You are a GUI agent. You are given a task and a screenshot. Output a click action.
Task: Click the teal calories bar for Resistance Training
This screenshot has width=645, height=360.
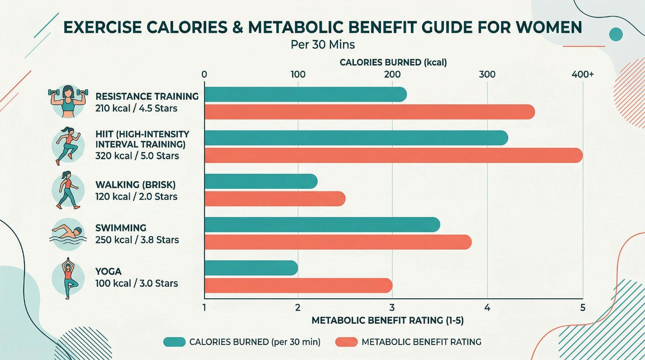(x=306, y=95)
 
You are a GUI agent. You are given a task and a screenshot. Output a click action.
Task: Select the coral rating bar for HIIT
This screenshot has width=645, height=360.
(x=393, y=156)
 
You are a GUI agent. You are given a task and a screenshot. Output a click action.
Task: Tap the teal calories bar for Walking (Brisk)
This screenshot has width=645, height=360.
(x=261, y=181)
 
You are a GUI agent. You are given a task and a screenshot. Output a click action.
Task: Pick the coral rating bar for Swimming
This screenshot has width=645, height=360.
(x=338, y=242)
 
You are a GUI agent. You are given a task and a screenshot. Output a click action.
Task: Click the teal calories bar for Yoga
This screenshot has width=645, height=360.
(x=251, y=268)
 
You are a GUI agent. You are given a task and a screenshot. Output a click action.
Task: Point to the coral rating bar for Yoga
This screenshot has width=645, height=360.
(x=298, y=285)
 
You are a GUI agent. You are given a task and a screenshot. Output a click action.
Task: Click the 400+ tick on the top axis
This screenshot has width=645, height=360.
(x=582, y=75)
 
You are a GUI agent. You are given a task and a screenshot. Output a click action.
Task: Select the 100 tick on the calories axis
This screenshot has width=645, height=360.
(x=298, y=75)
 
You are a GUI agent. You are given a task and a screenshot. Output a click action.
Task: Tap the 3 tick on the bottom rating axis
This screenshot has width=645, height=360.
(x=392, y=308)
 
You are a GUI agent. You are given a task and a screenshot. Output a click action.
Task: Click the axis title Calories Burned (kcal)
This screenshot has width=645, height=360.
(x=393, y=62)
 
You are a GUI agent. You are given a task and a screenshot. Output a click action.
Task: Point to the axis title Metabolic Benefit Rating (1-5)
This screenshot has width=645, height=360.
(x=387, y=320)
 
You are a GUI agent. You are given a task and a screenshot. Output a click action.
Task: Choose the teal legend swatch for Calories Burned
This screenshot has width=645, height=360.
(x=174, y=342)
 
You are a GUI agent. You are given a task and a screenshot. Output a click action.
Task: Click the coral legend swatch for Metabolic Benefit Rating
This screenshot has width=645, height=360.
(x=346, y=342)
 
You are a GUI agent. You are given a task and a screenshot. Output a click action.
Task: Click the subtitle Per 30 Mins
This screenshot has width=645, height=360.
(x=322, y=44)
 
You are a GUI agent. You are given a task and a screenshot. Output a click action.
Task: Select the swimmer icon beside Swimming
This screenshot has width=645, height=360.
(x=68, y=233)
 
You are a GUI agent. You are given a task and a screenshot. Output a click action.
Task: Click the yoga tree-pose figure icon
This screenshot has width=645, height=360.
(x=68, y=278)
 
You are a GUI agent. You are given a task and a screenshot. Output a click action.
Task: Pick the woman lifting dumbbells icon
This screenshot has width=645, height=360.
(x=68, y=101)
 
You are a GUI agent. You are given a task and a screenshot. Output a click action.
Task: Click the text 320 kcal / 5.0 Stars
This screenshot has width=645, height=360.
(x=137, y=156)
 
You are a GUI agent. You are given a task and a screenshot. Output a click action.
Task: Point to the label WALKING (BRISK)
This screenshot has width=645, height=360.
(x=135, y=185)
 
